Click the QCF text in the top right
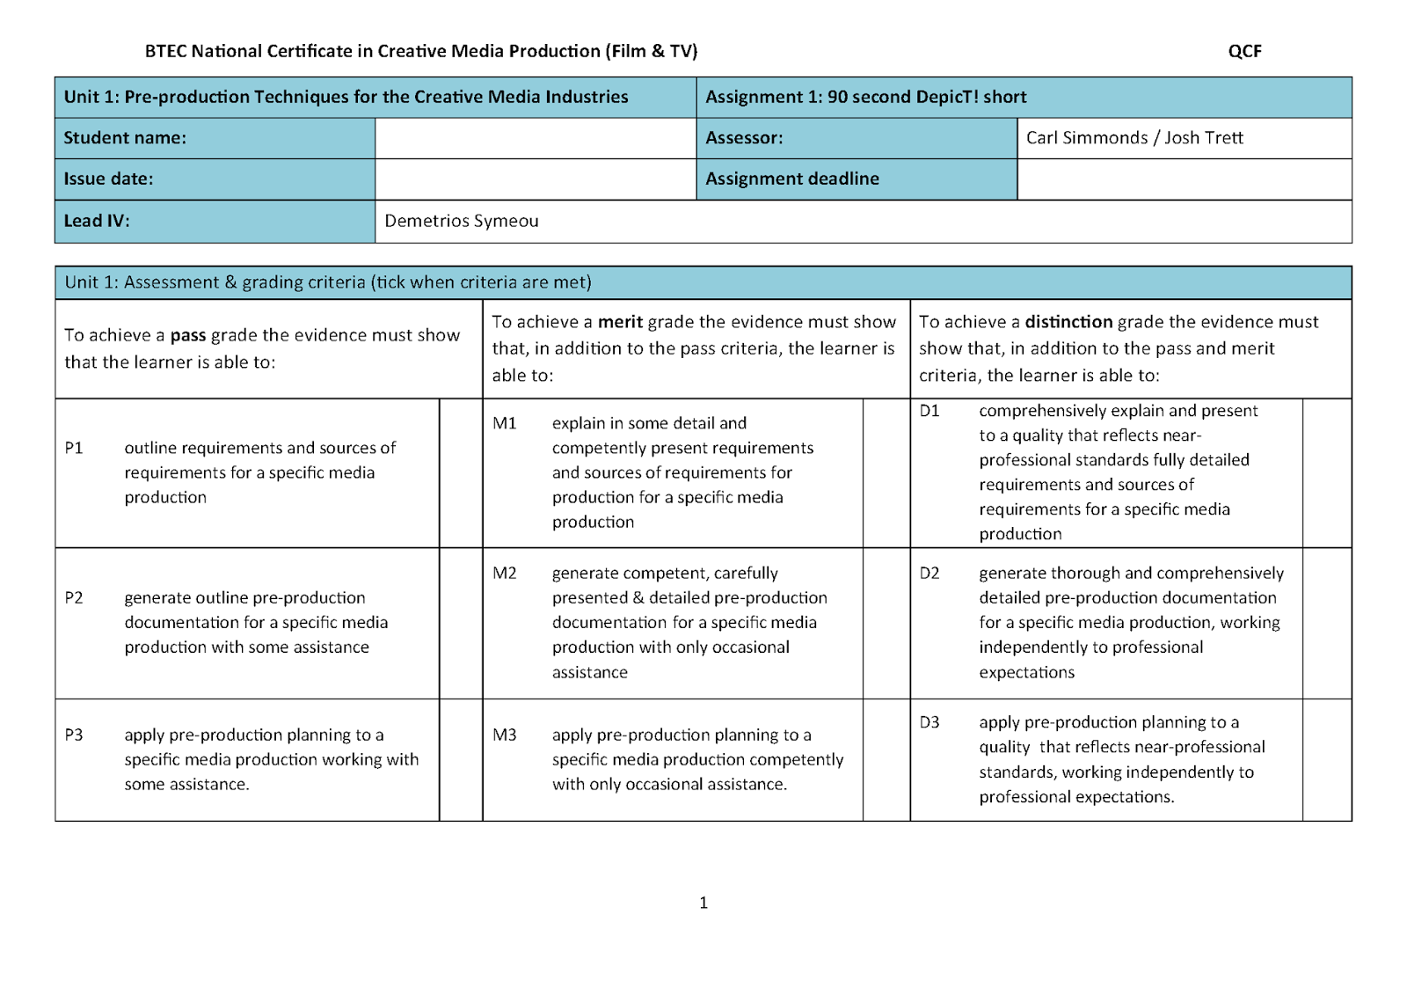click(x=1244, y=51)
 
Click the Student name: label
click(x=125, y=138)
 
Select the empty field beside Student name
click(x=535, y=138)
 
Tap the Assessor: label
click(x=744, y=138)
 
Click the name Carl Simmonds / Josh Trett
click(x=1134, y=138)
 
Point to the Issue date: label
click(x=108, y=179)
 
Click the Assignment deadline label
click(x=791, y=179)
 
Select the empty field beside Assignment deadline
click(x=1184, y=179)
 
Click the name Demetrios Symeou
click(x=462, y=221)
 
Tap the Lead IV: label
click(x=97, y=221)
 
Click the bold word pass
click(x=187, y=335)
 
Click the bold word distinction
click(x=1068, y=322)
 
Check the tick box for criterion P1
click(x=461, y=473)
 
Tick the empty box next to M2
click(x=886, y=623)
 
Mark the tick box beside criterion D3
click(x=1326, y=760)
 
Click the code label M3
click(x=505, y=735)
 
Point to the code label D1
click(x=929, y=411)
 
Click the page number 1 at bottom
click(x=703, y=903)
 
